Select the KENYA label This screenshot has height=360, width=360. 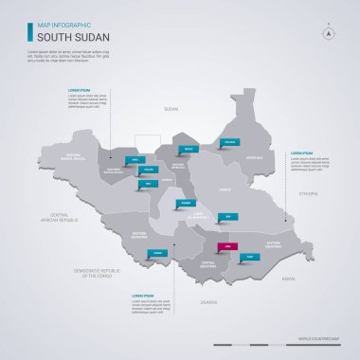pos(289,279)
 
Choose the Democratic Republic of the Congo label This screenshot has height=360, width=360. pos(93,272)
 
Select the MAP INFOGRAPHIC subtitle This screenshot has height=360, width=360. pos(63,25)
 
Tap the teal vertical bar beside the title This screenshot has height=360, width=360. pos(28,31)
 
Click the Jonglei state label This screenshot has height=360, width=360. pos(225,189)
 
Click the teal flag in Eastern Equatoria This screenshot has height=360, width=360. pos(249,256)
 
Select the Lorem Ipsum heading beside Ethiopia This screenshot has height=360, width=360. pos(300,153)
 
